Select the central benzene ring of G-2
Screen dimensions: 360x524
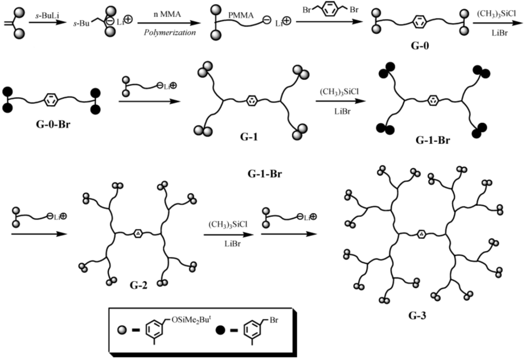click(138, 234)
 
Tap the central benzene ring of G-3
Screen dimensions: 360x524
click(420, 234)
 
